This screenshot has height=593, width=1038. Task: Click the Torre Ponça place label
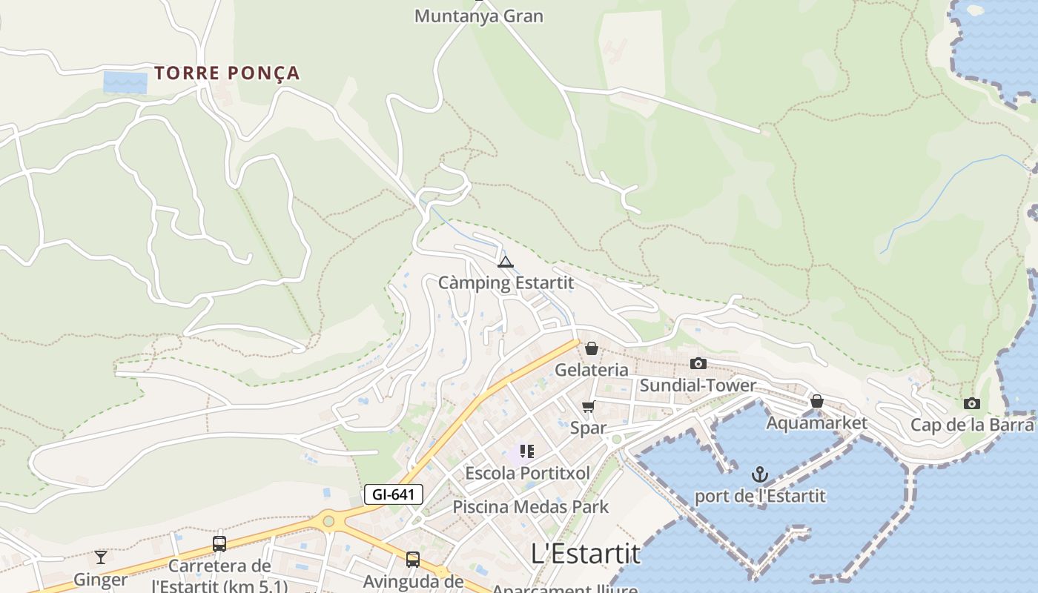(227, 73)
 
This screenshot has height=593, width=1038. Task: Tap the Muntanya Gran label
(478, 16)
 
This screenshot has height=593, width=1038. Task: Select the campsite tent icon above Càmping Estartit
(506, 261)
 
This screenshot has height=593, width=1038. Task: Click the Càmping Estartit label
(506, 282)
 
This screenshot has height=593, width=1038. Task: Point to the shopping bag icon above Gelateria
(592, 348)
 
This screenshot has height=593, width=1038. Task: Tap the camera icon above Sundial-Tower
(698, 363)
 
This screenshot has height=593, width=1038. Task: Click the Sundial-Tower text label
(698, 385)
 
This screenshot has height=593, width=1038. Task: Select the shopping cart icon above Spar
(589, 405)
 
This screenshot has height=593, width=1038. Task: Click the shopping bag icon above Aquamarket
(816, 401)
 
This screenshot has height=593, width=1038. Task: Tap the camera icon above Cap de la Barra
(971, 403)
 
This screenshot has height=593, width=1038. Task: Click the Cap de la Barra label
(971, 425)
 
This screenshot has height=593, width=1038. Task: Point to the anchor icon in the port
(759, 474)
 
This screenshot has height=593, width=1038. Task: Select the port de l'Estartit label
(759, 496)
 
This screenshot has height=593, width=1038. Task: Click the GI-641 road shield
(393, 494)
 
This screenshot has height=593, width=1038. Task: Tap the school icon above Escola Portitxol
(527, 451)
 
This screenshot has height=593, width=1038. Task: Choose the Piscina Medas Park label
(530, 507)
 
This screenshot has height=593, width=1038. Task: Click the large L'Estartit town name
(586, 553)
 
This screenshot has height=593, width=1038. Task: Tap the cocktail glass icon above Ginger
(101, 557)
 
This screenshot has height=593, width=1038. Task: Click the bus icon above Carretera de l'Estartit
(219, 544)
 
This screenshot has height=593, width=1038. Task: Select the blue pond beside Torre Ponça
(125, 82)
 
